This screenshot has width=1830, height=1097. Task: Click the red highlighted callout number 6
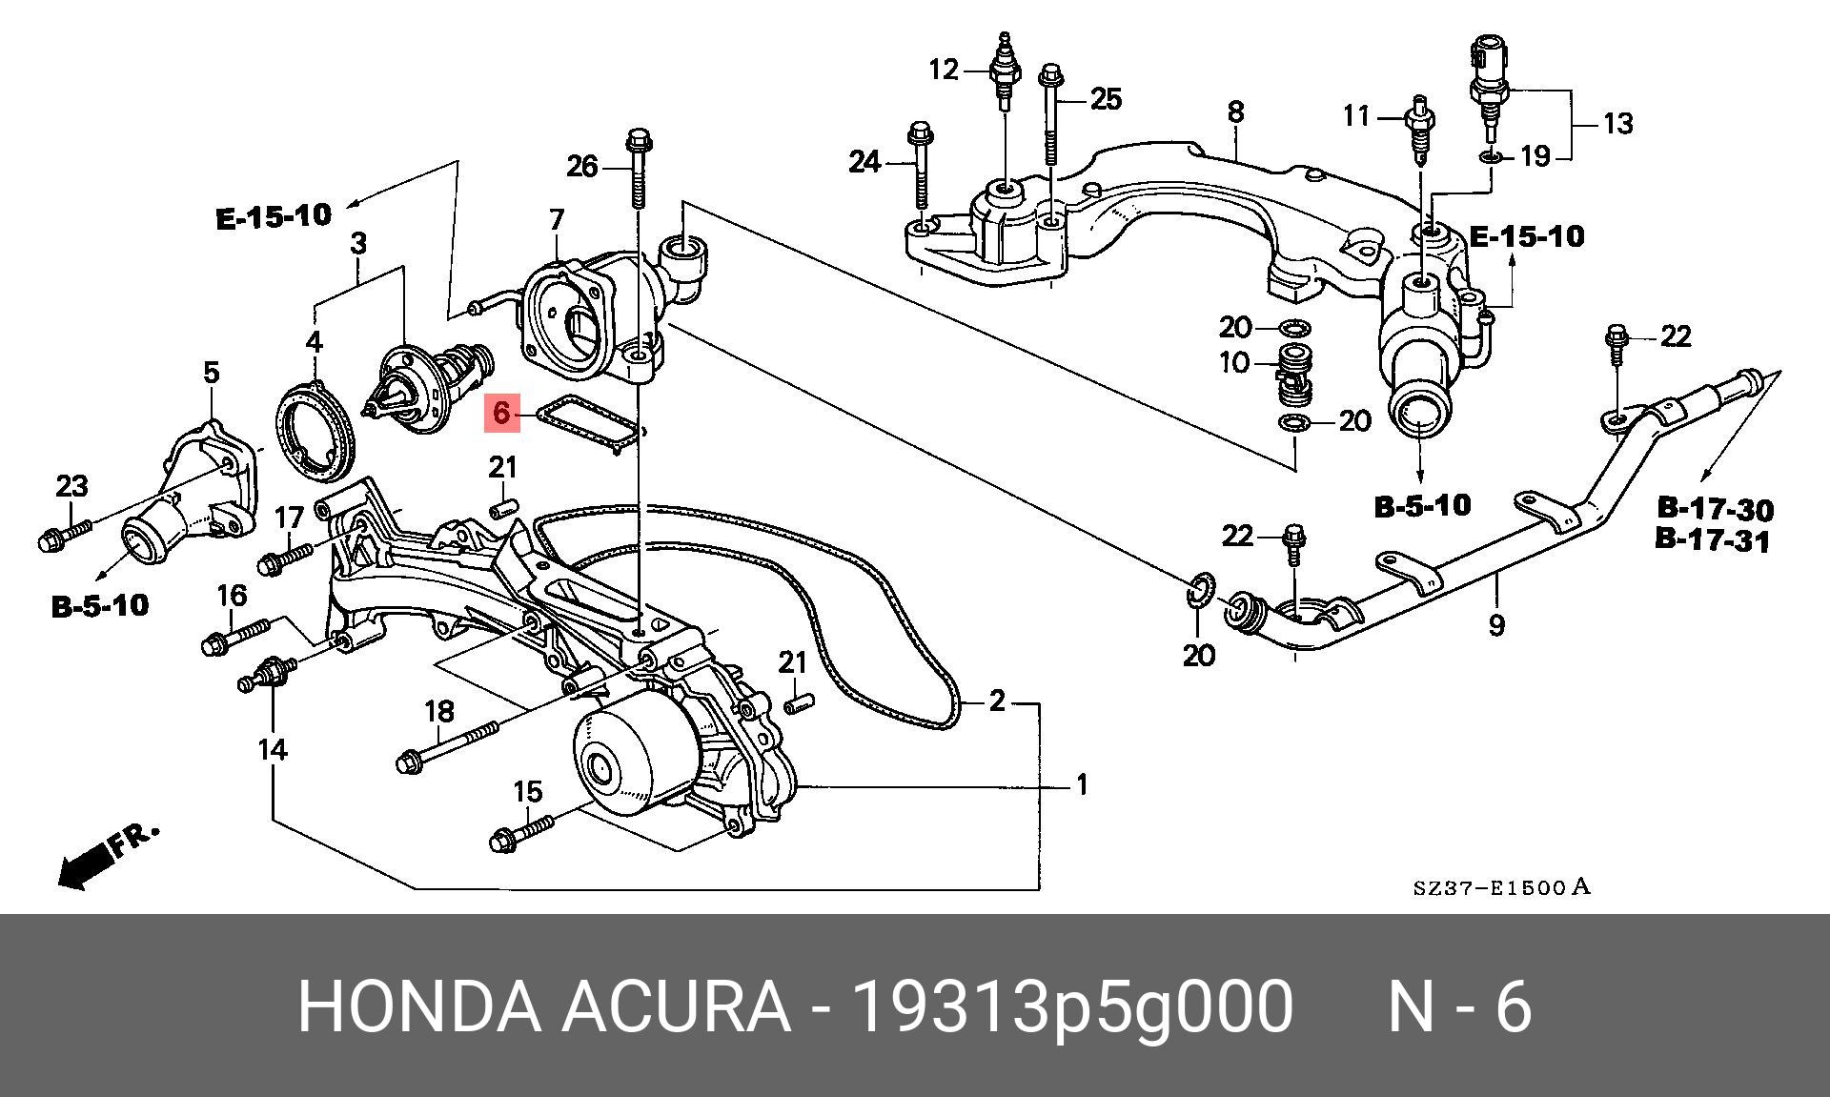tap(501, 414)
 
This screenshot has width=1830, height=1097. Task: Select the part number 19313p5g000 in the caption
tap(1072, 1006)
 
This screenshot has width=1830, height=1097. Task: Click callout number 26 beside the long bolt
tap(581, 167)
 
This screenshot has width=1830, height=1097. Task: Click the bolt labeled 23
tap(63, 535)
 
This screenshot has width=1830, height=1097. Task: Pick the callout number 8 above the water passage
tap(1235, 112)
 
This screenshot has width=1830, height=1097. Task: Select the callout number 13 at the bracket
tap(1617, 124)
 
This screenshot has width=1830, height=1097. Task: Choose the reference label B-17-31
tap(1713, 540)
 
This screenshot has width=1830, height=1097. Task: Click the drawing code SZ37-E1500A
tap(1501, 888)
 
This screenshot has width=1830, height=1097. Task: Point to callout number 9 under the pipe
tap(1496, 625)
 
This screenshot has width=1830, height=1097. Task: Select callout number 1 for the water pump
tap(1082, 785)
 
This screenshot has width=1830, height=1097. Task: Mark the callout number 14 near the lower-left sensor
tap(273, 750)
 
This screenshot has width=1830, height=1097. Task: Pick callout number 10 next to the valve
tap(1233, 363)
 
